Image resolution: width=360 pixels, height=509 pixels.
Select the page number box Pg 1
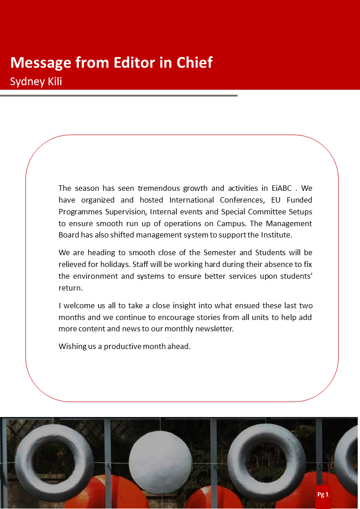tap(323, 494)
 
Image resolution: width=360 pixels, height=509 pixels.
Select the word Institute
tap(275, 235)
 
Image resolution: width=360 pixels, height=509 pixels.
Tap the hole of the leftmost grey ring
tap(54, 462)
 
